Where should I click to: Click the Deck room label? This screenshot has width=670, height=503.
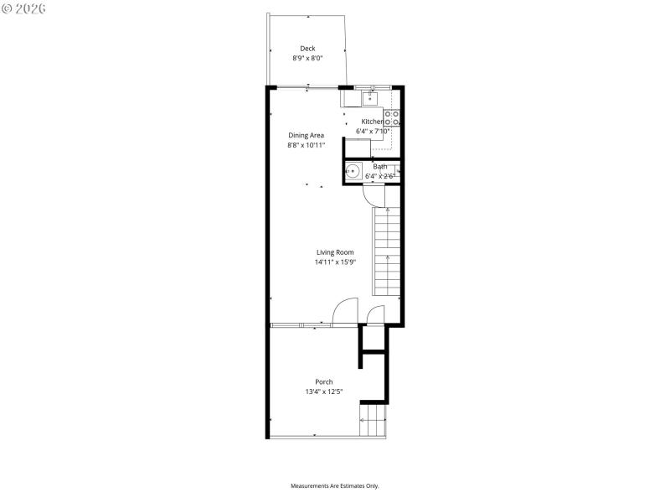click(307, 49)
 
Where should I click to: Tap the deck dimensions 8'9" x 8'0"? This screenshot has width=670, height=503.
click(307, 59)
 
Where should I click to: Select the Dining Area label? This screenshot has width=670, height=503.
click(306, 135)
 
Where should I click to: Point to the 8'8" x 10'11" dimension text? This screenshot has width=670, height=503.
click(306, 145)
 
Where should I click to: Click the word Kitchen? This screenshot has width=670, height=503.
click(372, 122)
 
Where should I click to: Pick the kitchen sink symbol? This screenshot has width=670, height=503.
click(369, 99)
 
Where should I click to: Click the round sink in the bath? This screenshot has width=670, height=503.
click(354, 173)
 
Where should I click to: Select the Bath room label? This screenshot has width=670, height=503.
click(380, 167)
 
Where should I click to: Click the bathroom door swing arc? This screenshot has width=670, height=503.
click(372, 194)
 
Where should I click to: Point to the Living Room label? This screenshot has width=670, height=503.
click(335, 252)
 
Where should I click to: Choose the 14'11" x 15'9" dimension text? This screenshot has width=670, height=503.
click(335, 262)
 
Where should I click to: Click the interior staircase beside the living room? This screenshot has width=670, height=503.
click(386, 251)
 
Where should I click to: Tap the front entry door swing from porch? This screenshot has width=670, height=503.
click(344, 311)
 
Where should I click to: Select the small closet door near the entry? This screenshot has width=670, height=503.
click(376, 314)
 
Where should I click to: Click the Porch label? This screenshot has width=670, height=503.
click(323, 381)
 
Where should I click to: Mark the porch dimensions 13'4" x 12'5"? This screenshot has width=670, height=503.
click(323, 392)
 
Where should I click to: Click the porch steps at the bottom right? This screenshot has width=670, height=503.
click(374, 419)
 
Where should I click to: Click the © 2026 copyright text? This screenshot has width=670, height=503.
click(24, 8)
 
